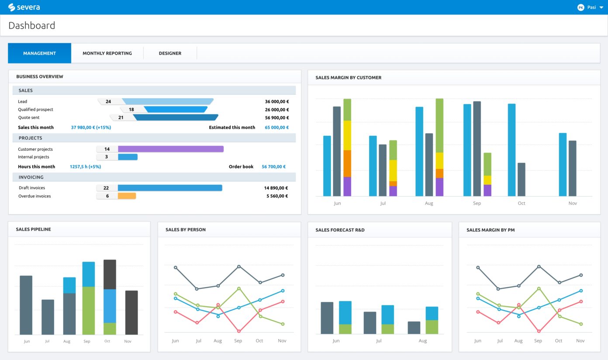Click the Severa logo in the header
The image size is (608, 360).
click(x=24, y=7)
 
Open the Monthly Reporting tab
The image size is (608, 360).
click(x=107, y=53)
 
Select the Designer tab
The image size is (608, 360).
click(x=170, y=53)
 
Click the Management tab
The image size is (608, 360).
click(x=39, y=53)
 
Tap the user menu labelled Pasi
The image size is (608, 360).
click(x=590, y=7)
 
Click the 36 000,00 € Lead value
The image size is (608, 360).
click(x=276, y=102)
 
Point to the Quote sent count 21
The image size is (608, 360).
click(x=121, y=118)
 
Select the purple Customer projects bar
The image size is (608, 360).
click(x=170, y=149)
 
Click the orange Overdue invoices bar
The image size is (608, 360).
click(x=127, y=196)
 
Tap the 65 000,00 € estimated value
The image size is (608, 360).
click(x=276, y=128)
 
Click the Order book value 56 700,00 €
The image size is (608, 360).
click(x=273, y=166)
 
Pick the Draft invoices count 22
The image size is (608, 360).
click(x=106, y=188)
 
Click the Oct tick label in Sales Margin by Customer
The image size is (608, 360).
click(x=522, y=203)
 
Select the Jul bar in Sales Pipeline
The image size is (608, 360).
click(x=48, y=317)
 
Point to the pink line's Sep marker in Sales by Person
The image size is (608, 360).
click(x=238, y=332)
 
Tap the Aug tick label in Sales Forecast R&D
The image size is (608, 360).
click(x=422, y=341)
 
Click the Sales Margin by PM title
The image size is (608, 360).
click(x=491, y=230)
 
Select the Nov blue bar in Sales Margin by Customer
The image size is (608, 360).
click(x=563, y=165)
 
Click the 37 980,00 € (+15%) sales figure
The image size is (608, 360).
click(x=91, y=128)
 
